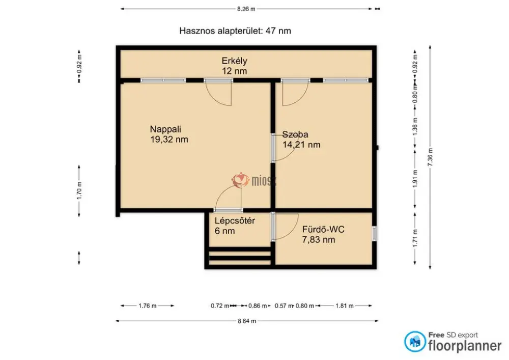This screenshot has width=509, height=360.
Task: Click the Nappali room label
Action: (x=165, y=129)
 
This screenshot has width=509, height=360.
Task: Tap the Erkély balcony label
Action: (x=234, y=61)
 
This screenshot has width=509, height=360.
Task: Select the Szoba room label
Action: (x=295, y=134)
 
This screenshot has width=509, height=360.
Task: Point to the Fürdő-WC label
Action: (x=323, y=230)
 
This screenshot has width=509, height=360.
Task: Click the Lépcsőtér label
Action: (x=235, y=221)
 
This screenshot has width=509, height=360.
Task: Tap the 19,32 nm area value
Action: (x=169, y=140)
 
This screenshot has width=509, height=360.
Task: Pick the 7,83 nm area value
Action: (x=319, y=240)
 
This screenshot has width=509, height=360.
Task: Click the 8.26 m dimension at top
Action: (x=246, y=9)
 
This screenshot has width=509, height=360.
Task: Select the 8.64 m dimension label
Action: (x=247, y=321)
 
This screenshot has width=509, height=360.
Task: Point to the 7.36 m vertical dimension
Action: (x=431, y=157)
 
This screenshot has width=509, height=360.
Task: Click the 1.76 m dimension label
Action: (x=148, y=306)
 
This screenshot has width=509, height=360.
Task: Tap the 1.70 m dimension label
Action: (x=79, y=190)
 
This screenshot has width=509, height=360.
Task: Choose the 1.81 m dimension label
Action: (x=345, y=306)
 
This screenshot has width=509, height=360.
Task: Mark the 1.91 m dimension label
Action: (x=415, y=179)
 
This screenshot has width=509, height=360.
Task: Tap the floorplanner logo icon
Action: (x=415, y=342)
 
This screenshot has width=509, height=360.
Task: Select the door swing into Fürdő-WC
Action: (x=286, y=227)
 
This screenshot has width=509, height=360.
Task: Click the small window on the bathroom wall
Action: (x=374, y=233)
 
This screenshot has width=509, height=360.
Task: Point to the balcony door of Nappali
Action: (x=218, y=93)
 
